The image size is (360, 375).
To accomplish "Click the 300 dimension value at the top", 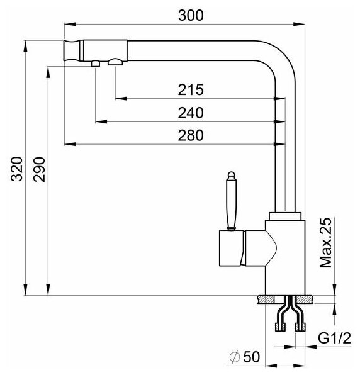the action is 191,15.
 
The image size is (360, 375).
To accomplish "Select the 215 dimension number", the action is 191,90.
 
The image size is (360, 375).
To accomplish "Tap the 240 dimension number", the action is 191,113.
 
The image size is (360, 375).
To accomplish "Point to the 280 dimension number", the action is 191,135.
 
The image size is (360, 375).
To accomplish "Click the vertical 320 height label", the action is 17,169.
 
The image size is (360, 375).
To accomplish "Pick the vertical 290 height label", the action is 39,169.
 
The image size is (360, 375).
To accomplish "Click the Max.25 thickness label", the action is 326,242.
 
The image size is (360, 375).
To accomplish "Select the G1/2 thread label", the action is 334,338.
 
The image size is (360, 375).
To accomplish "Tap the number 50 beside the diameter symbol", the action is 251,357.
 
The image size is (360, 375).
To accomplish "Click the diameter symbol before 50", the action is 235,357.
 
